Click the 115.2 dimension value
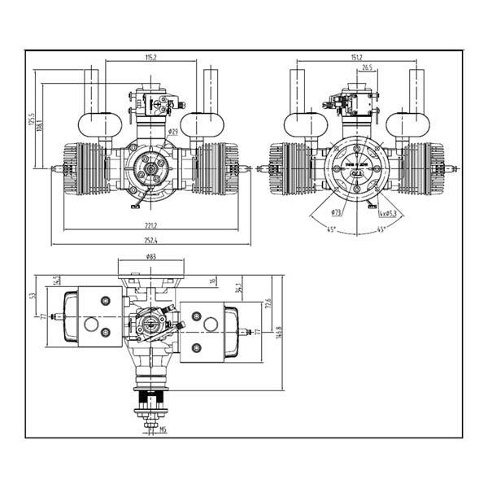pyautogui.click(x=150, y=57)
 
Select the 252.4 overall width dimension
pyautogui.click(x=150, y=240)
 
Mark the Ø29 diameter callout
pyautogui.click(x=173, y=131)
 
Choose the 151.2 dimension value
pyautogui.click(x=356, y=57)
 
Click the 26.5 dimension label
pyautogui.click(x=367, y=68)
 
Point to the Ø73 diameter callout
pyautogui.click(x=337, y=212)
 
